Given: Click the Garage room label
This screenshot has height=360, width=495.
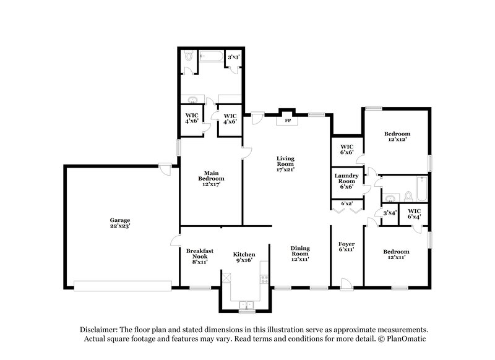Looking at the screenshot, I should click(121, 223).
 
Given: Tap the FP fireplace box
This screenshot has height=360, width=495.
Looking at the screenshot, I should click(287, 121).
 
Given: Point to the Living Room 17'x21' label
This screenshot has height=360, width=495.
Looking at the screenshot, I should click(285, 163).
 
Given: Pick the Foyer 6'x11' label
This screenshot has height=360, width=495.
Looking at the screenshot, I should click(346, 247).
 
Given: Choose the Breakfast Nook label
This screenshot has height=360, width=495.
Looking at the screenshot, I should click(200, 256).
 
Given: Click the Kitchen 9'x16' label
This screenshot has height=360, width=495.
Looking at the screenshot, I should click(244, 257).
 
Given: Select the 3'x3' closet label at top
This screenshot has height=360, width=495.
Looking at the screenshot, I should click(234, 58).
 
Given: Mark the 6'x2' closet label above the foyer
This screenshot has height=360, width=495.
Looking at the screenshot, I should click(346, 204).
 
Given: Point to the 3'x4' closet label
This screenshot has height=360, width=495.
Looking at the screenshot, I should click(390, 213).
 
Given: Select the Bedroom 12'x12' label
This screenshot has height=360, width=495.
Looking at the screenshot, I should click(396, 137).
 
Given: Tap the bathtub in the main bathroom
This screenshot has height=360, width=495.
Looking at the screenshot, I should click(210, 57).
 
